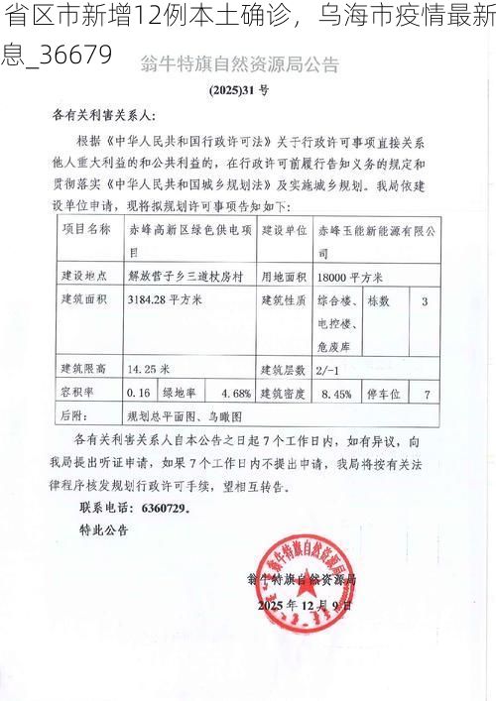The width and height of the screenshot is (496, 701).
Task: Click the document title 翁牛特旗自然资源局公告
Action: pos(248,66)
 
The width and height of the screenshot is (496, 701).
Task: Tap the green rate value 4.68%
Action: pos(234,393)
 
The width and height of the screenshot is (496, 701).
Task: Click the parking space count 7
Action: pos(427,394)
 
